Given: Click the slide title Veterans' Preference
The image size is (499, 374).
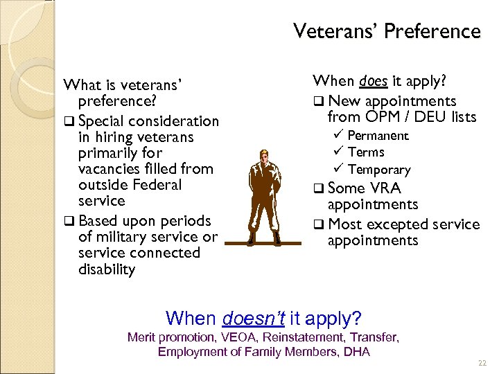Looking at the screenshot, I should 386,32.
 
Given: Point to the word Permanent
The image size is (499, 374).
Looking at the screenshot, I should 378,136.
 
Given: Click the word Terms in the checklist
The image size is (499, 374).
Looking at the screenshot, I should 366,152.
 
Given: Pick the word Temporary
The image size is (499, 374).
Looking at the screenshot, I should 379,170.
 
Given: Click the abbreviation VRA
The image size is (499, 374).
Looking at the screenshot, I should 385,188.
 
